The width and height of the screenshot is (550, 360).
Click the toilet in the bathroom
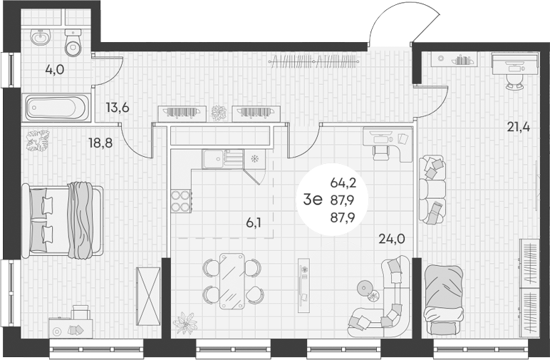click(x=73, y=43)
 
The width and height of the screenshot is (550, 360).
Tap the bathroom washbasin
click(x=41, y=37)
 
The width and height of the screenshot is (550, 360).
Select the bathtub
click(x=56, y=108)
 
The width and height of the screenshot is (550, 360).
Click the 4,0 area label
click(x=55, y=70)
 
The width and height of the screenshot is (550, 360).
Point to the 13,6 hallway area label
click(x=118, y=108)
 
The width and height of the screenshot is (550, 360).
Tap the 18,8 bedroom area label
click(x=100, y=143)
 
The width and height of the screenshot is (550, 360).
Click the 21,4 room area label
click(x=519, y=126)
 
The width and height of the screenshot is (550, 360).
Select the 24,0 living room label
click(x=392, y=240)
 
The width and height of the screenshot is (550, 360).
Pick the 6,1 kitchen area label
click(x=254, y=222)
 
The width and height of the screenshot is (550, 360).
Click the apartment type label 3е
click(x=313, y=200)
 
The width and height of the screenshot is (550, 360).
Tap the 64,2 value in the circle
click(x=343, y=182)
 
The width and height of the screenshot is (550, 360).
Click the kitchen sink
click(x=222, y=159)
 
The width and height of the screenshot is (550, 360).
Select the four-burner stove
click(x=181, y=201)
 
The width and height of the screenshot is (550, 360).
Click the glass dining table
click(x=232, y=281)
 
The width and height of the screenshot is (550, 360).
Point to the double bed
click(x=63, y=220)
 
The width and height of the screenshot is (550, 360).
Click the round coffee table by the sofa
click(x=365, y=288)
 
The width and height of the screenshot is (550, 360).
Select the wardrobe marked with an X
click(x=148, y=297)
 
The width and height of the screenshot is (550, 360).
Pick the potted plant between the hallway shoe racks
click(x=219, y=113)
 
